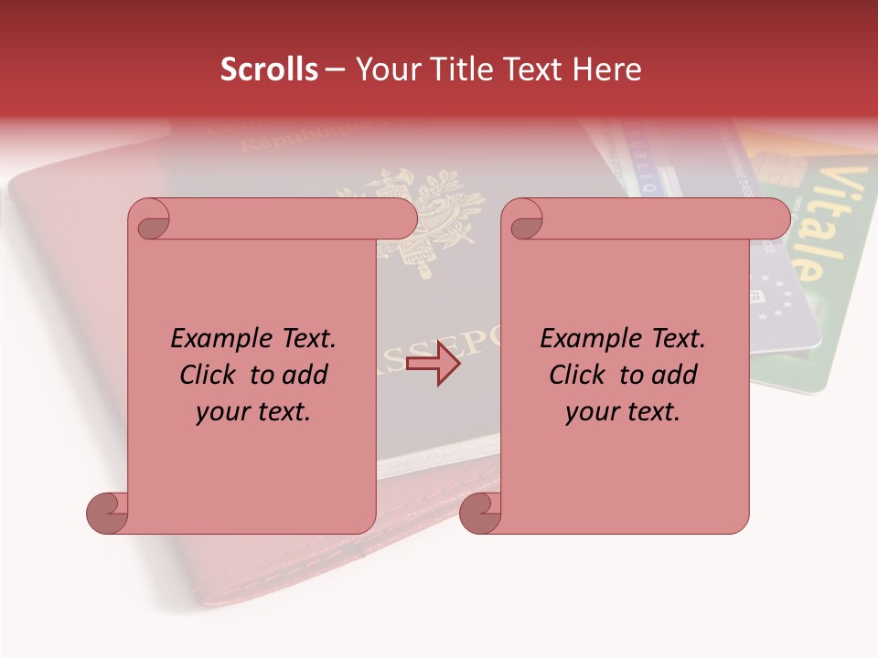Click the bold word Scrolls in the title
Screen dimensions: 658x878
[x=269, y=69]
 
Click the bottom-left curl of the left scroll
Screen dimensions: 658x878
[x=107, y=513]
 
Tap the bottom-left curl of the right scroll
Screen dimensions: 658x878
[x=480, y=513]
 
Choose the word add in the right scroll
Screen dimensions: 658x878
[x=676, y=376]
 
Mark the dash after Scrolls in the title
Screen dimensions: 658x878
[x=335, y=69]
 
